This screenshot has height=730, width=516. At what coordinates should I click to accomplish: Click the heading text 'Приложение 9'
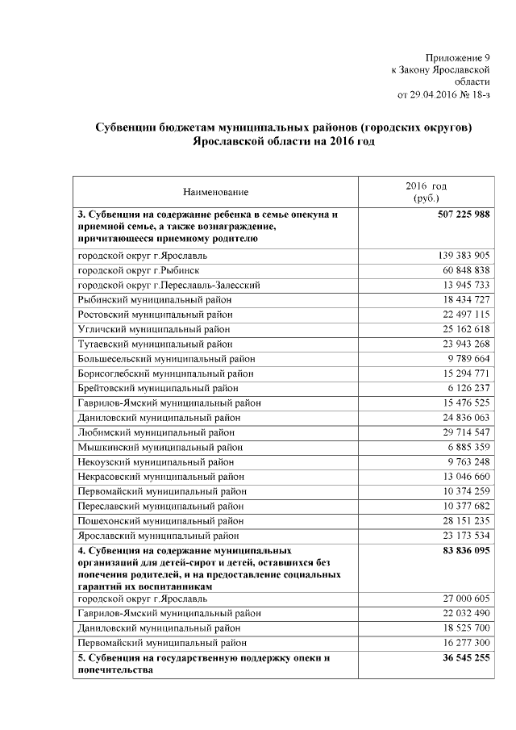457,57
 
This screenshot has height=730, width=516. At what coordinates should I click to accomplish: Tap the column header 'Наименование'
215,192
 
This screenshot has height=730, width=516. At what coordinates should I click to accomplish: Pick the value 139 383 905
457,256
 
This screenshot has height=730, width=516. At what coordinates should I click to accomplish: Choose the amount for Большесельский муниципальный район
462,360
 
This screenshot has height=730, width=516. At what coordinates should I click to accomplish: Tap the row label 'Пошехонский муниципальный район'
160,521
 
